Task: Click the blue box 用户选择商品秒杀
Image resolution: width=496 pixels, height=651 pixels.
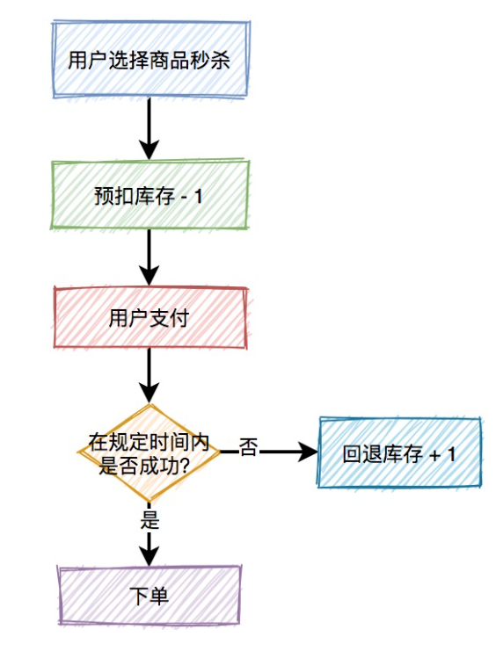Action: (x=149, y=60)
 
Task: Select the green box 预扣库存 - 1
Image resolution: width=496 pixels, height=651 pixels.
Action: (x=149, y=196)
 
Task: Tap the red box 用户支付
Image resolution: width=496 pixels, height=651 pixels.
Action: (x=149, y=318)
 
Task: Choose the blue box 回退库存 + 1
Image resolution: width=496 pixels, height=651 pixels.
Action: (x=399, y=454)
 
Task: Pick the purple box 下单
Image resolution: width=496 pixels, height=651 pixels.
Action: (x=149, y=595)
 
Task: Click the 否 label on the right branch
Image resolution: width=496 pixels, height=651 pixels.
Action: (x=249, y=449)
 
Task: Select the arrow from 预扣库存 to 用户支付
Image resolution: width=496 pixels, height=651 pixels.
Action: (x=149, y=256)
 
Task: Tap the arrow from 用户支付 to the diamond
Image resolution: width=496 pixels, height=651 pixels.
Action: (x=149, y=375)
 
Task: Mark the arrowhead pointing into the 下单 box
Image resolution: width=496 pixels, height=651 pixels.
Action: (x=149, y=555)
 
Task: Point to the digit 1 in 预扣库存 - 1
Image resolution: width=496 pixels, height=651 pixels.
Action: (x=198, y=197)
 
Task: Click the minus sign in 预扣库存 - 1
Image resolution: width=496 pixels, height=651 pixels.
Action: (x=183, y=197)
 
